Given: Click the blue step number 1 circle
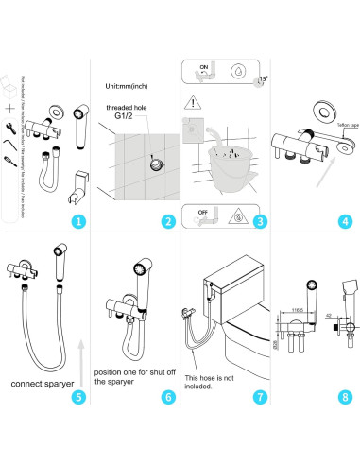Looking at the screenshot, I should pos(78,222).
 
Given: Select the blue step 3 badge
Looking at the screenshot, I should pos(257,222).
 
